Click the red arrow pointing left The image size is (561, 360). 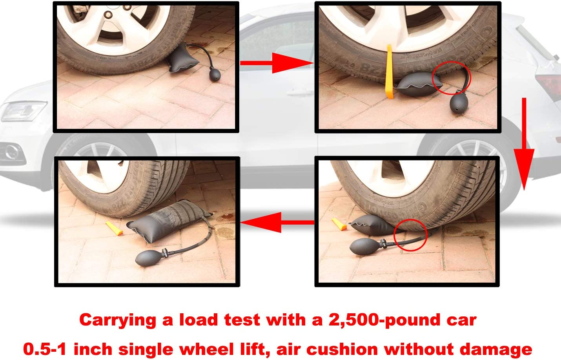277,222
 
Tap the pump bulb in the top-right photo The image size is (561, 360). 457,105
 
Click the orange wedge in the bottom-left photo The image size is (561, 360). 114,228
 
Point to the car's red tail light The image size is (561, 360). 549,84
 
